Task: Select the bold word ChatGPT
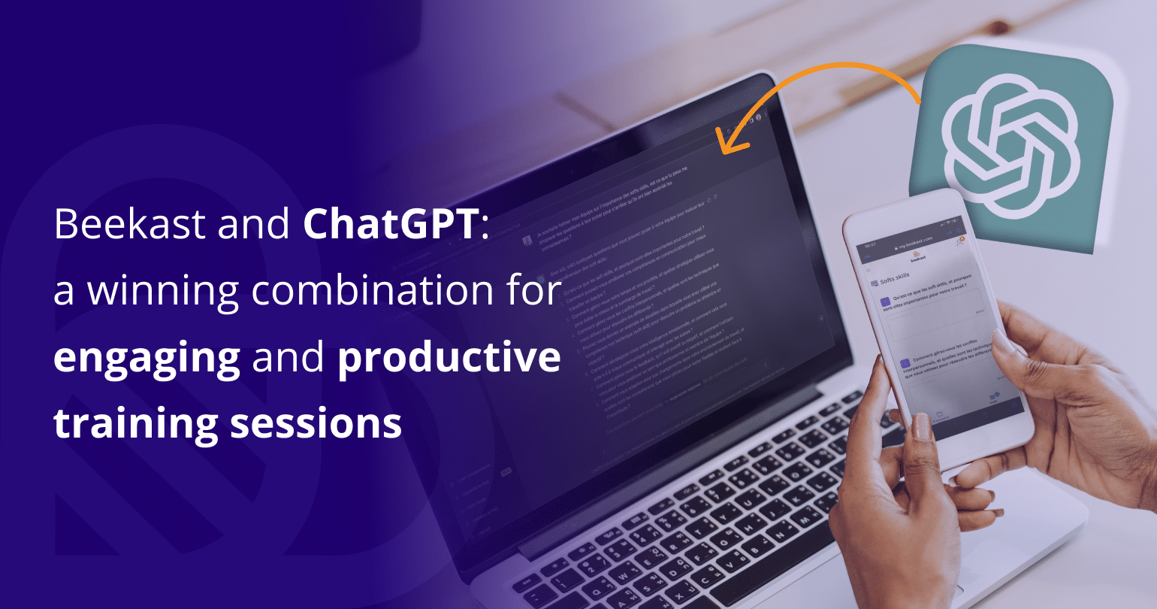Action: pos(391,224)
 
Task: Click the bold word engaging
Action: pos(147,358)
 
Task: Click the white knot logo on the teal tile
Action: pos(1010,142)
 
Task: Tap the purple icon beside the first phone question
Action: pos(885,301)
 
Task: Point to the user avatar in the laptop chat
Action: pos(527,241)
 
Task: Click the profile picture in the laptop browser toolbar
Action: pos(758,117)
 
